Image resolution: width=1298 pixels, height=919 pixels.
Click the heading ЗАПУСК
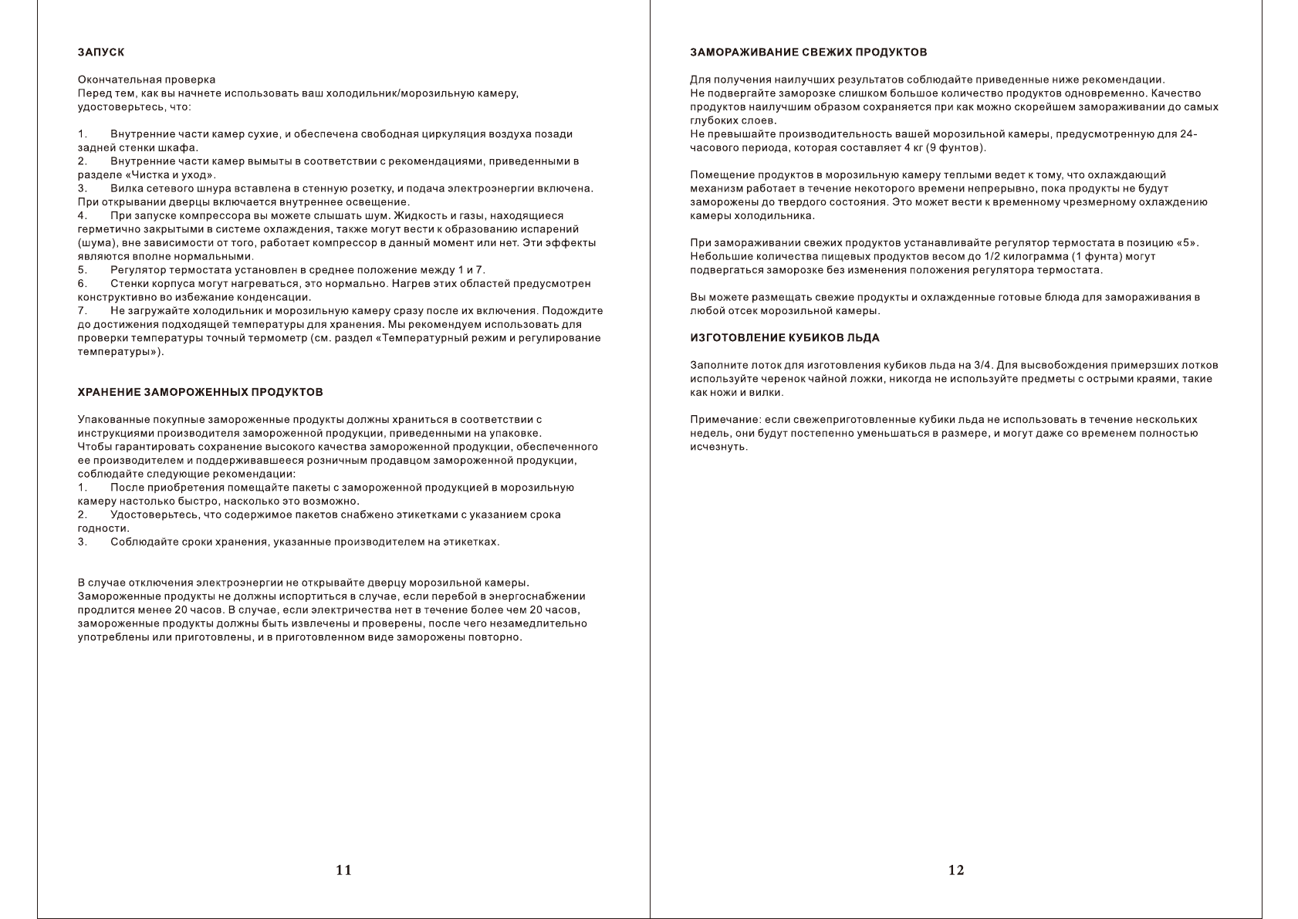pos(101,52)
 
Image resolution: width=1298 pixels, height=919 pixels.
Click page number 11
pos(344,870)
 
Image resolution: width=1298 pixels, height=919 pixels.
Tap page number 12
pos(956,870)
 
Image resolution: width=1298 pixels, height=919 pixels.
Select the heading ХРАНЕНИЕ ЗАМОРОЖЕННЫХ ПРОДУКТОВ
pos(201,393)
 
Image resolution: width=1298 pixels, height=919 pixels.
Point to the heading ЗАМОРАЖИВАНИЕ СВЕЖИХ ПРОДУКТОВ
pos(808,52)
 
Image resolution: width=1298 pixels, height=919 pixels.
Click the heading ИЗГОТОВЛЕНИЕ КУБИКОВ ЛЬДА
pos(784,338)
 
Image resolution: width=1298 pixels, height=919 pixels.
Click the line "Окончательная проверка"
pos(147,79)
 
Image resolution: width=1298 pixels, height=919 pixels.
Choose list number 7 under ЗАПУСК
pos(82,311)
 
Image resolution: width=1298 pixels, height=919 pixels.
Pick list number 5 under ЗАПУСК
pos(82,270)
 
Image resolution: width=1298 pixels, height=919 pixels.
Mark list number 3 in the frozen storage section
pos(82,542)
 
